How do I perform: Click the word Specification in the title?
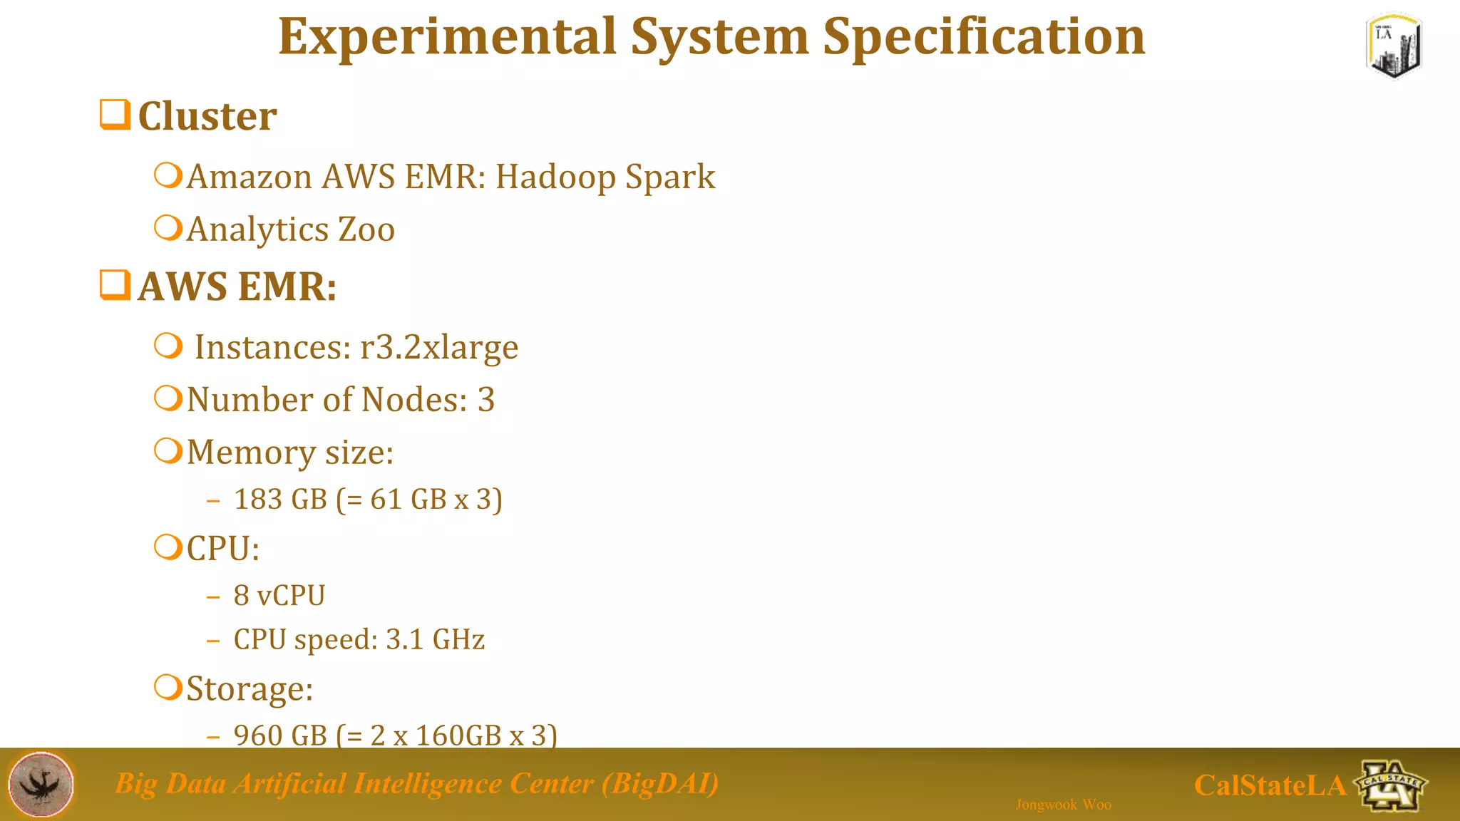click(984, 37)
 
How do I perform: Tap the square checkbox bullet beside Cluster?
click(115, 115)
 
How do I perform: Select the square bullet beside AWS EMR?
click(115, 285)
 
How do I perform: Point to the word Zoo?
click(366, 229)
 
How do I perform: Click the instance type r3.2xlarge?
click(439, 348)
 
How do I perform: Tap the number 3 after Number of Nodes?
click(486, 400)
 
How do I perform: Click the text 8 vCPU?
click(279, 595)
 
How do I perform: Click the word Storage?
click(250, 688)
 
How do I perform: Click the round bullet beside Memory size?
click(168, 451)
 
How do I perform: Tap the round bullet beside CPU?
click(168, 547)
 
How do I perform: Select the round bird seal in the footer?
click(41, 784)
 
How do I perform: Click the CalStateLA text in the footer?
click(1270, 785)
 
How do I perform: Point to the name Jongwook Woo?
click(1063, 805)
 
